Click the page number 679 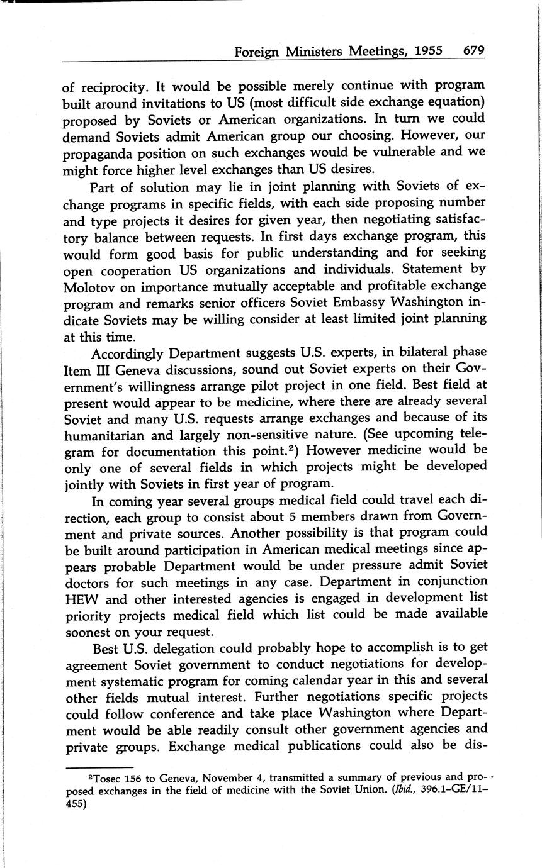(x=473, y=52)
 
